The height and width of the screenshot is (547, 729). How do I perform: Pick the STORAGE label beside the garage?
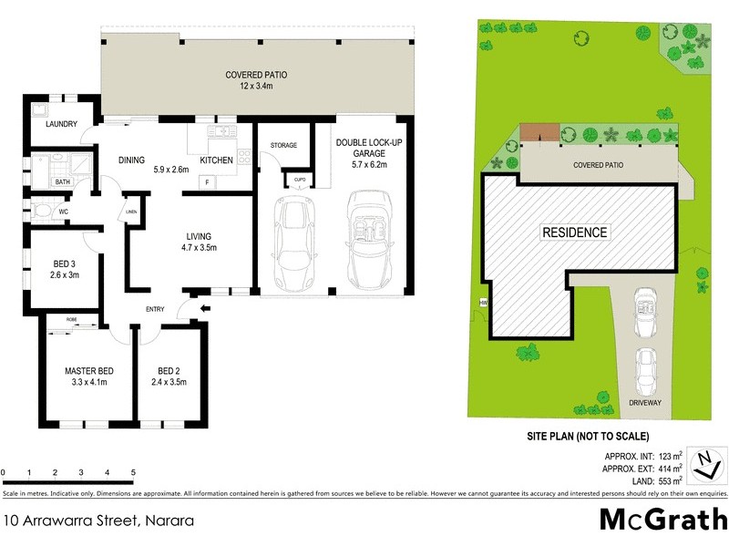tap(283, 146)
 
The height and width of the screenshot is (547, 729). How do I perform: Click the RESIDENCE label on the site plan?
tap(574, 232)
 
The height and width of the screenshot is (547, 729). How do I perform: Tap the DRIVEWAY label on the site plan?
tap(644, 401)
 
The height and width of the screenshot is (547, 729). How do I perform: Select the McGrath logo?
tap(662, 519)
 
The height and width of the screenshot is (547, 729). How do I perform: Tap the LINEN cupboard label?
tap(131, 214)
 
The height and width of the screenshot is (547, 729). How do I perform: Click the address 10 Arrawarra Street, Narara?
tap(98, 521)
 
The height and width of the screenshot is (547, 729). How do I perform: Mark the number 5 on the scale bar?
tap(134, 472)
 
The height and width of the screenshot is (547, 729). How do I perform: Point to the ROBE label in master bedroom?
tap(71, 320)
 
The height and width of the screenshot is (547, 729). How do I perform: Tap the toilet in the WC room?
tap(42, 212)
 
